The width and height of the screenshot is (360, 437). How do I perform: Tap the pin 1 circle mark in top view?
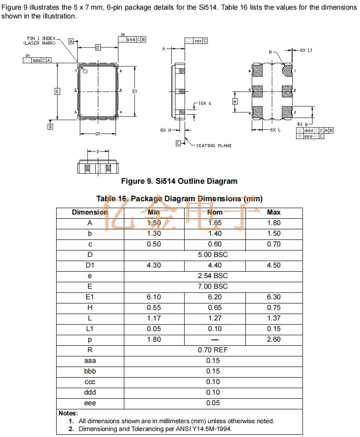click(85, 71)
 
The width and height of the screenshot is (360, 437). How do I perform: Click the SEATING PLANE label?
click(214, 146)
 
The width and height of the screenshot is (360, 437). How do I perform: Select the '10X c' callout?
click(205, 104)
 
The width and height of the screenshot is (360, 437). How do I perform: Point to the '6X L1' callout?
click(306, 50)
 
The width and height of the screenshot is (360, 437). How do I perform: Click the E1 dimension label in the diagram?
click(134, 92)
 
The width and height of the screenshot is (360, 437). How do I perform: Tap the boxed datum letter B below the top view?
click(50, 127)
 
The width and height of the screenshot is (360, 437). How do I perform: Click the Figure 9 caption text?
click(179, 181)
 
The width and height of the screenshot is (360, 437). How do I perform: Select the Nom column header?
click(215, 212)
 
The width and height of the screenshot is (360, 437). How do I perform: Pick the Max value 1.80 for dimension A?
click(273, 223)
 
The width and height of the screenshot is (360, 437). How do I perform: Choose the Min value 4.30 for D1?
click(154, 265)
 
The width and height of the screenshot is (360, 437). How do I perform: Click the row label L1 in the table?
click(90, 329)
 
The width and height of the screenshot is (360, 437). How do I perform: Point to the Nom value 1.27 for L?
click(215, 318)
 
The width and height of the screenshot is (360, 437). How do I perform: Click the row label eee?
click(90, 403)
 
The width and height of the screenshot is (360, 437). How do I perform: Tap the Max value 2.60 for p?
click(273, 339)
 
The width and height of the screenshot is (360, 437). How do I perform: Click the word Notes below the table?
click(68, 413)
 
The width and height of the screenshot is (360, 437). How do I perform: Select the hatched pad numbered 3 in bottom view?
click(287, 111)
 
